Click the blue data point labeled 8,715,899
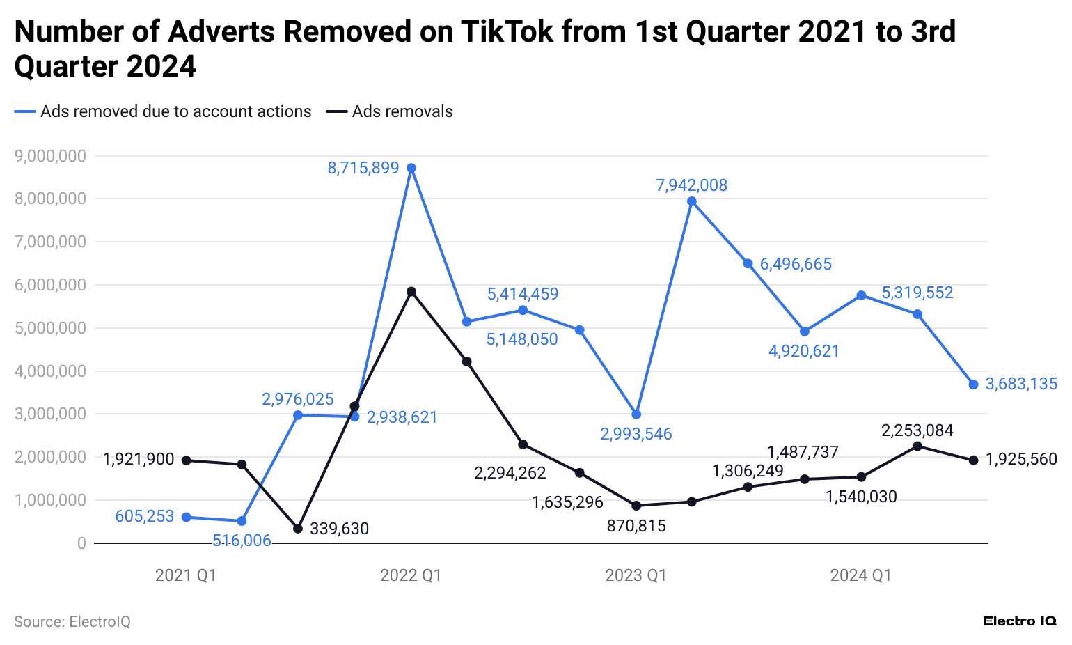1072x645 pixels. point(411,168)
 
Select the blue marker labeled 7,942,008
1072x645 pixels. point(692,201)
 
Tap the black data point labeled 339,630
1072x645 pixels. point(298,529)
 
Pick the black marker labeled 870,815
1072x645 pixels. point(636,506)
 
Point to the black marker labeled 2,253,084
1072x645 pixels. point(917,446)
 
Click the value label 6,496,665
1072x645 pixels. point(796,264)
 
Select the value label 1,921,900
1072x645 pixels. point(139,459)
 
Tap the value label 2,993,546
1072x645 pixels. point(636,434)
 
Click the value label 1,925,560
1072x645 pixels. point(1021,459)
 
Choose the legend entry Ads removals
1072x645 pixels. point(402,111)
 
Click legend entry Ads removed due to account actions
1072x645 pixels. point(175,111)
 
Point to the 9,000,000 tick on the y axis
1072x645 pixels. point(50,156)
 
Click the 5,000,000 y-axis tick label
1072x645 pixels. point(50,328)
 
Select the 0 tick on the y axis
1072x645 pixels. point(81,543)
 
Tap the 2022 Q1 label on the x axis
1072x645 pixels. point(411,575)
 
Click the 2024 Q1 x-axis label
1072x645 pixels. point(860,575)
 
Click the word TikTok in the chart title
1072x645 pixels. point(507,32)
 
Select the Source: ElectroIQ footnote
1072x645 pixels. point(72,621)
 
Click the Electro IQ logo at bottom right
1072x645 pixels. point(1020,621)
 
